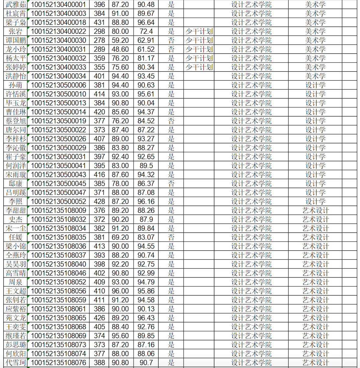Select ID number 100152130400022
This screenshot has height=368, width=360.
(58, 32)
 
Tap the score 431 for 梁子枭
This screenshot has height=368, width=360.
(99, 22)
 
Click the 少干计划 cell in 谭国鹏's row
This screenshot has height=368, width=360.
(199, 40)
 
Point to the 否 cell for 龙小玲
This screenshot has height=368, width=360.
(171, 49)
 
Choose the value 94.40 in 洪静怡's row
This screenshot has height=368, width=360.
(120, 76)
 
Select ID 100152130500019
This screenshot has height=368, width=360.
(58, 121)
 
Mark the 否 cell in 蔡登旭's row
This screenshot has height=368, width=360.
(171, 121)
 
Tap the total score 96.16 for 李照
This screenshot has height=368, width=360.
(146, 201)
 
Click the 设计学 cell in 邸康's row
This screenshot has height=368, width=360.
(315, 184)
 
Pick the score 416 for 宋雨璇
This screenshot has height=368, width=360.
(99, 175)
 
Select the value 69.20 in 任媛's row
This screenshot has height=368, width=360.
(120, 237)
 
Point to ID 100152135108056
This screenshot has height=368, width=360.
(58, 291)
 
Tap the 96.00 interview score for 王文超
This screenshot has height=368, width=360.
(120, 291)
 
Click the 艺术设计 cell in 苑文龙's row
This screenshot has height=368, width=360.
(315, 318)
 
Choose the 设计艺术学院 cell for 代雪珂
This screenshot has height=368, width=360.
(251, 363)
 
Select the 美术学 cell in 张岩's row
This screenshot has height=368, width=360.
(315, 32)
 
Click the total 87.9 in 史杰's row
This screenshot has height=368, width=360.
(146, 220)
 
